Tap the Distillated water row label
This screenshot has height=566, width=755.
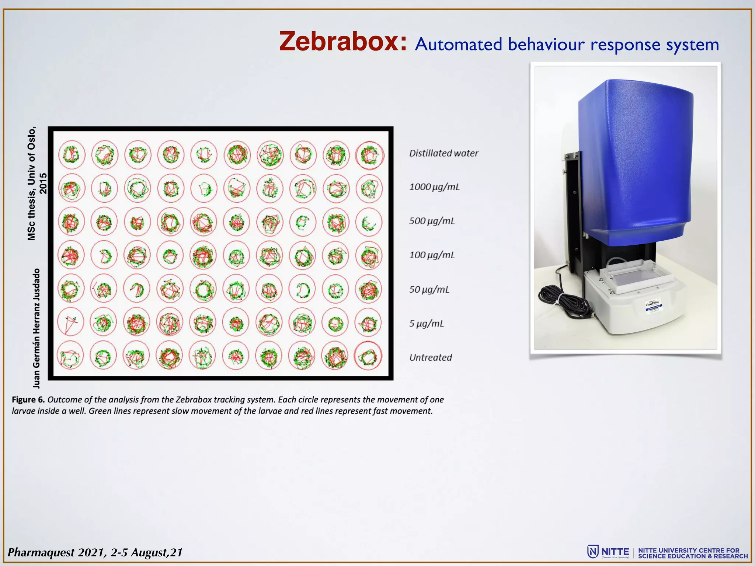443,153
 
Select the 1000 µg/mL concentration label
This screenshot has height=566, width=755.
434,187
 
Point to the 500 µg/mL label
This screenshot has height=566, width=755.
432,221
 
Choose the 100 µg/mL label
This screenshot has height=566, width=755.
432,255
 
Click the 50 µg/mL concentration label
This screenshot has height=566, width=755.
429,289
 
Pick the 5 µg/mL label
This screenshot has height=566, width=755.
426,324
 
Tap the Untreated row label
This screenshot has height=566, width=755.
431,357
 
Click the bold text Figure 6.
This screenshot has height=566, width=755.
28,400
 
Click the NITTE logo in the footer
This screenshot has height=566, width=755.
608,552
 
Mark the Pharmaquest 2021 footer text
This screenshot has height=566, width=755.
95,552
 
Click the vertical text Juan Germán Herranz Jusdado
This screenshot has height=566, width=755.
36,328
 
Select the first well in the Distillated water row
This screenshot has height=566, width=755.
71,154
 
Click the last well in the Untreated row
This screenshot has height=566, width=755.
368,356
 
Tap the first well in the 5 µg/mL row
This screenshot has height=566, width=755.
71,322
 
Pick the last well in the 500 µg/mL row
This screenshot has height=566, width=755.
369,222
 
